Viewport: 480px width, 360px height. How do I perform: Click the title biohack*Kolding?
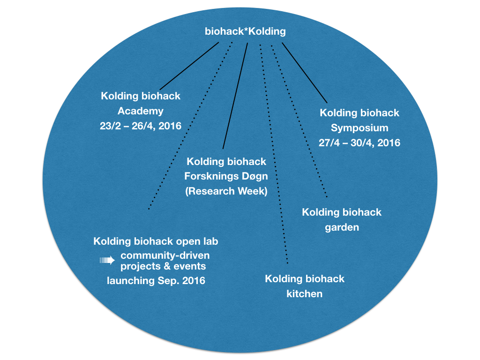click(x=245, y=31)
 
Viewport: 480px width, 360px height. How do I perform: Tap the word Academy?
click(x=141, y=111)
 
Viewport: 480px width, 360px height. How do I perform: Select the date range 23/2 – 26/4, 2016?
click(x=141, y=126)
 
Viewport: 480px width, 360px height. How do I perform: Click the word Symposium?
click(x=360, y=128)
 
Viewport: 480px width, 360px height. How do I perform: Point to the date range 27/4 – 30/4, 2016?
click(x=360, y=142)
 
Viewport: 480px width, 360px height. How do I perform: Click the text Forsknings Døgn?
click(x=226, y=176)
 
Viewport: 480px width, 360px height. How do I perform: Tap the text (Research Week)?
click(x=226, y=191)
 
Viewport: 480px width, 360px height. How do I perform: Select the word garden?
click(x=342, y=227)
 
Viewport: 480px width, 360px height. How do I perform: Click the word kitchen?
click(x=304, y=294)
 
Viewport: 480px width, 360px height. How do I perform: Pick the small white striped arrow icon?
click(x=107, y=261)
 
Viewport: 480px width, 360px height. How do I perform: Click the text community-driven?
click(x=165, y=255)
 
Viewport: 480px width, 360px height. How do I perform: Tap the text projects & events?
click(x=163, y=266)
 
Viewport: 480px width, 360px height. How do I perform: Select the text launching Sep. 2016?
click(x=156, y=281)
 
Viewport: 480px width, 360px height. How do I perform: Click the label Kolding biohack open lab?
click(x=156, y=241)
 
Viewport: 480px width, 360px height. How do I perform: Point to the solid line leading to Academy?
click(x=189, y=66)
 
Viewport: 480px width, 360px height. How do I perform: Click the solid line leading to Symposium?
click(x=305, y=73)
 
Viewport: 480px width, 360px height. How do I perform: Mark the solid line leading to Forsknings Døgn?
click(x=235, y=96)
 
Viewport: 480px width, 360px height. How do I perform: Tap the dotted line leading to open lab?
click(x=190, y=126)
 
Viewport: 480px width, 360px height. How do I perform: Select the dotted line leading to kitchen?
click(x=274, y=154)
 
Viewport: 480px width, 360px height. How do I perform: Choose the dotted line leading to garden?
click(x=300, y=121)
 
